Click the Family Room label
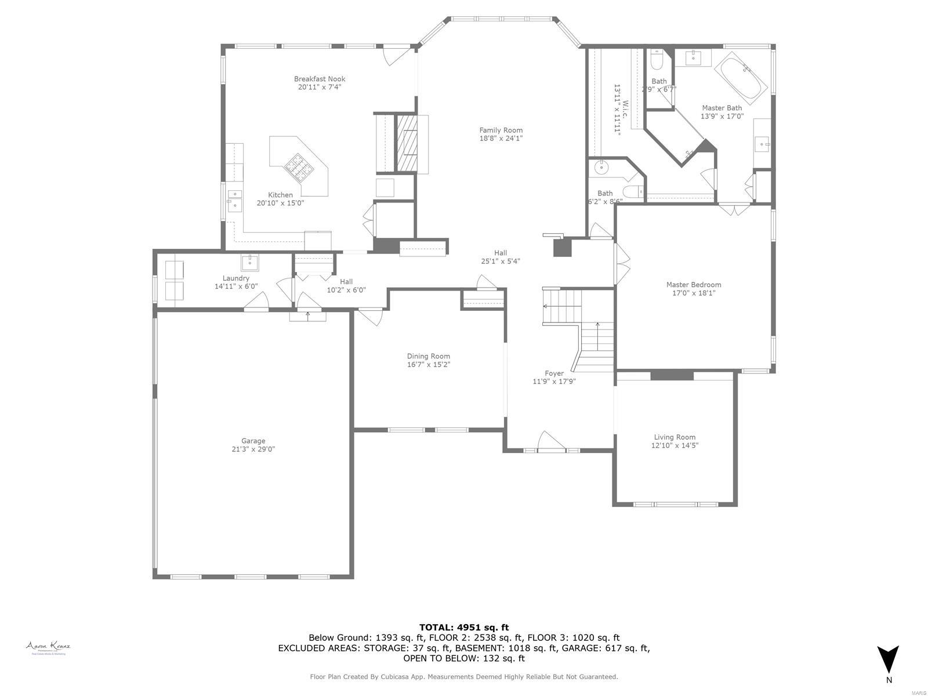click(501, 130)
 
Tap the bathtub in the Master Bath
click(741, 78)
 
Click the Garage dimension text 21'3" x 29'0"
click(253, 449)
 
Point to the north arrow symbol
click(888, 659)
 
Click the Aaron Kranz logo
click(48, 647)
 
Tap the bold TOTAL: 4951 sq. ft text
click(463, 627)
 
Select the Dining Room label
click(428, 356)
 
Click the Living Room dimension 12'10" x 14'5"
click(674, 445)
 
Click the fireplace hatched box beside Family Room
click(406, 143)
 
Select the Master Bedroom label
click(693, 285)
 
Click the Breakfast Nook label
click(319, 79)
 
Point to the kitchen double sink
click(234, 199)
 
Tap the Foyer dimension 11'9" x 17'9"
click(554, 381)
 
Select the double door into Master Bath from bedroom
click(734, 208)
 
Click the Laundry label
click(235, 278)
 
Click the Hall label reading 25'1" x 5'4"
click(500, 261)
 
